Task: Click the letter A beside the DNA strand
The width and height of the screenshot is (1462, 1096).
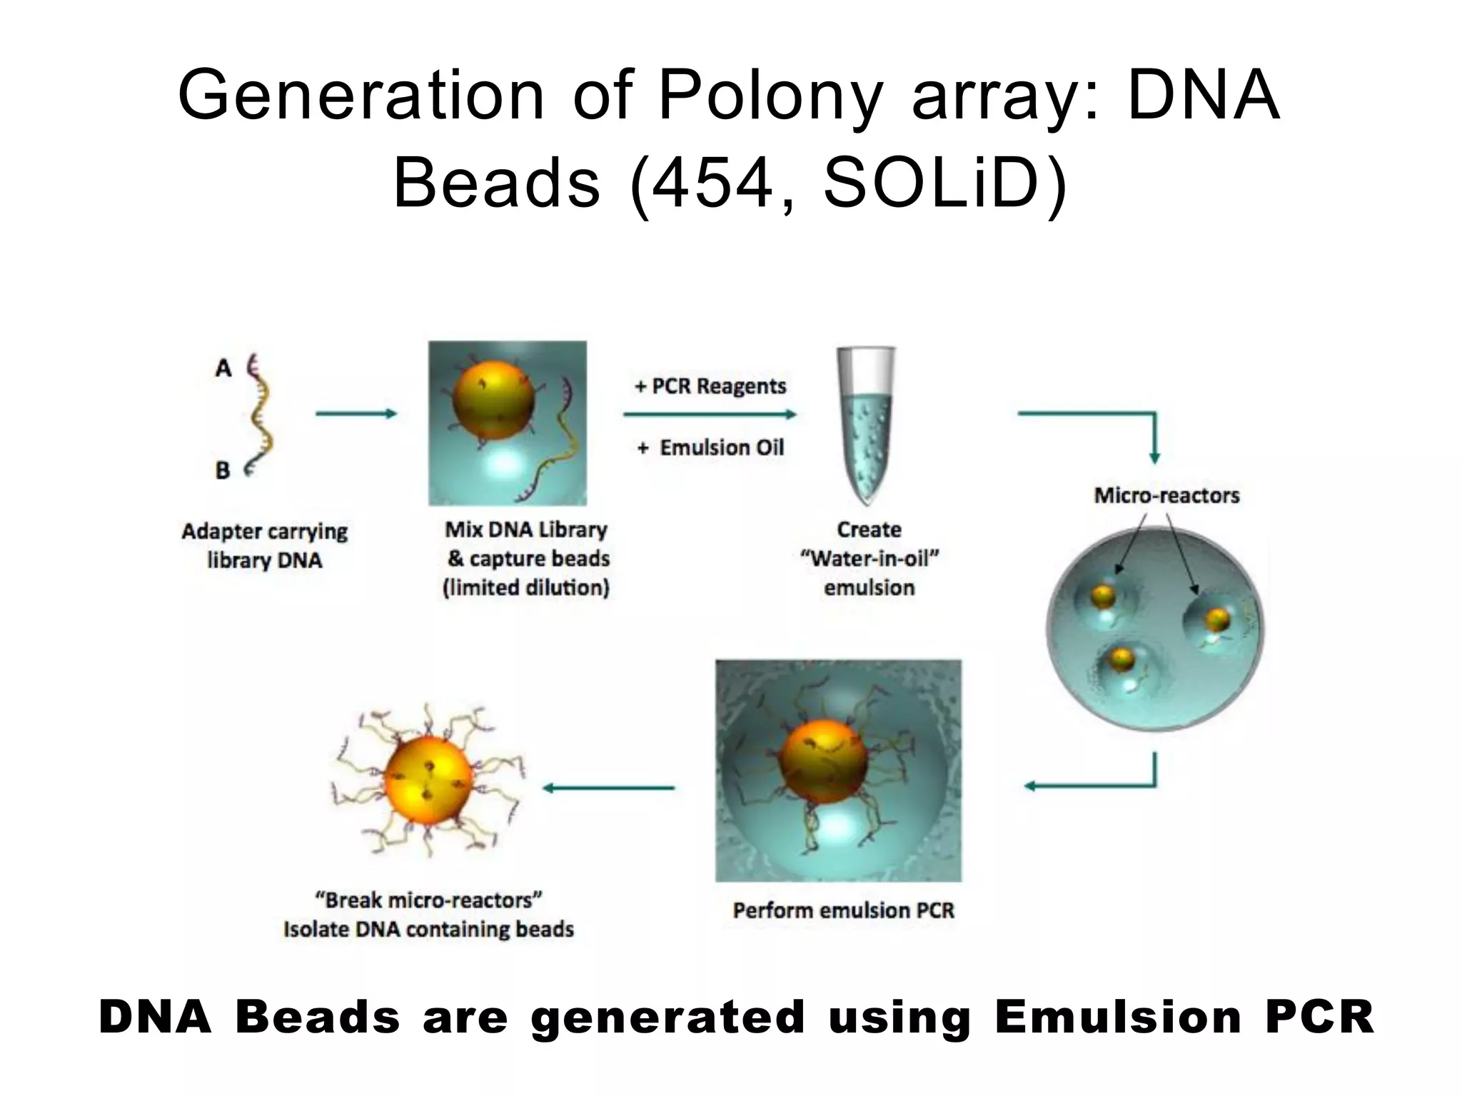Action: point(223,369)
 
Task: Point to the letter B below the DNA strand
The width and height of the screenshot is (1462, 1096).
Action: point(223,471)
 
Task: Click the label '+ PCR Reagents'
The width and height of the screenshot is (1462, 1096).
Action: point(710,386)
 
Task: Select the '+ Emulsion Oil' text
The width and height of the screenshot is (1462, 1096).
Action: point(711,448)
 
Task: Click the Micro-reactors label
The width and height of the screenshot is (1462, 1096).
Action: point(1166,495)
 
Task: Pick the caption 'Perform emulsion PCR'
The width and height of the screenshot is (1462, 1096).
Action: point(843,910)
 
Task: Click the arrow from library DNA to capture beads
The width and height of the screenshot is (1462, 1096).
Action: point(356,414)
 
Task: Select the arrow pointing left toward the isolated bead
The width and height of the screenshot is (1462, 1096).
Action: point(608,788)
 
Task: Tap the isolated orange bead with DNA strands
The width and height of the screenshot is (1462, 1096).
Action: point(428,778)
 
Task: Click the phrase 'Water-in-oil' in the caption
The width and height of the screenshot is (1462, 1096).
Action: point(869,559)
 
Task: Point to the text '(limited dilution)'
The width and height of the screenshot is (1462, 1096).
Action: point(526,588)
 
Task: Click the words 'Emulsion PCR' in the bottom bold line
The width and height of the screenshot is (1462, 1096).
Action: point(1184,1017)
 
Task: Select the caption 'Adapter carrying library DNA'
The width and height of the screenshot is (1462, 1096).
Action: point(264,546)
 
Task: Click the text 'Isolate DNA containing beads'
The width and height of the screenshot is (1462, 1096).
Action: point(428,929)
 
